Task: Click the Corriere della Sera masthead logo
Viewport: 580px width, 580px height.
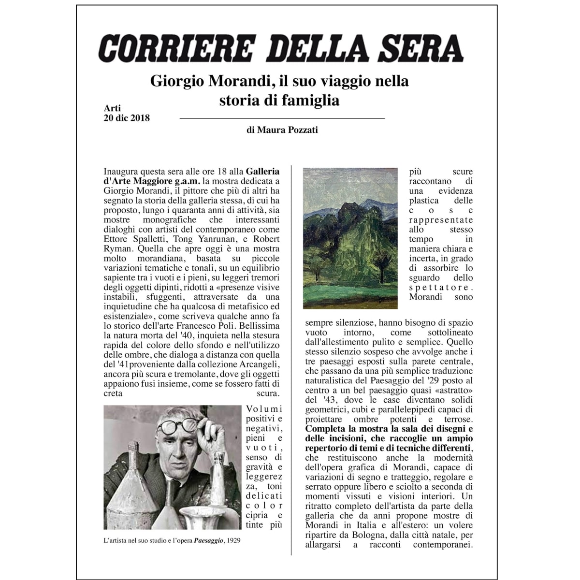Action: tap(281, 48)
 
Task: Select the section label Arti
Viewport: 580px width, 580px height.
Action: tap(112, 108)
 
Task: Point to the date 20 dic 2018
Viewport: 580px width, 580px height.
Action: tap(127, 118)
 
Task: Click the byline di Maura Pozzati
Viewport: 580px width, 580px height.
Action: tap(282, 130)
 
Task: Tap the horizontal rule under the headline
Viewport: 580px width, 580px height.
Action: tap(282, 118)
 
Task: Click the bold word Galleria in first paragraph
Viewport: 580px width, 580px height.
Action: tap(262, 172)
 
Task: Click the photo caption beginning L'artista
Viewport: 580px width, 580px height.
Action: tap(172, 541)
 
